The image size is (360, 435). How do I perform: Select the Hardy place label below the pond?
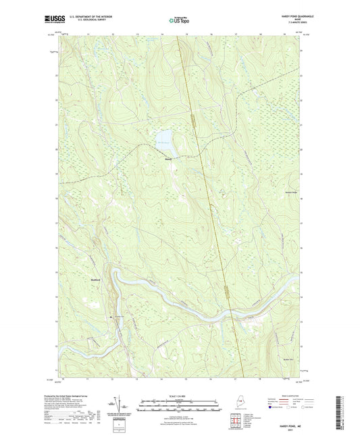168,159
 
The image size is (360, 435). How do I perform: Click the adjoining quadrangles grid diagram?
236,421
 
